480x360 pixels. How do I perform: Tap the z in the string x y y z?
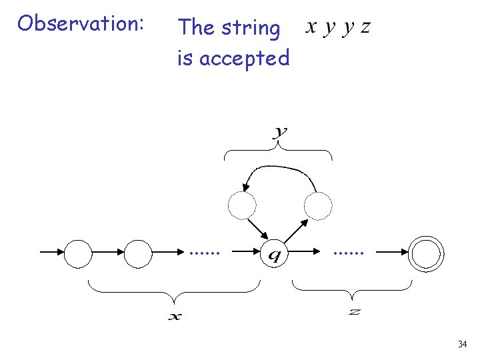pos(365,28)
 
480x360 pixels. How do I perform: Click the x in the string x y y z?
pos(311,28)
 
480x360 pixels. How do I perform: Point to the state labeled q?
pos(274,253)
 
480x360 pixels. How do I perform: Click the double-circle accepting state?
pos(427,253)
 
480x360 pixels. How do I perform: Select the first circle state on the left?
pos(77,253)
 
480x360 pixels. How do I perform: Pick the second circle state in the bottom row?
pos(139,253)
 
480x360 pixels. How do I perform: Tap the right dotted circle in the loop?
pos(318,205)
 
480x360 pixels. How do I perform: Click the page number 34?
pos(462,344)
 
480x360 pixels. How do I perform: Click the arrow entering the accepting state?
pos(393,253)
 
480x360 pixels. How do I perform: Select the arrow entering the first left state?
pos(52,253)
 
